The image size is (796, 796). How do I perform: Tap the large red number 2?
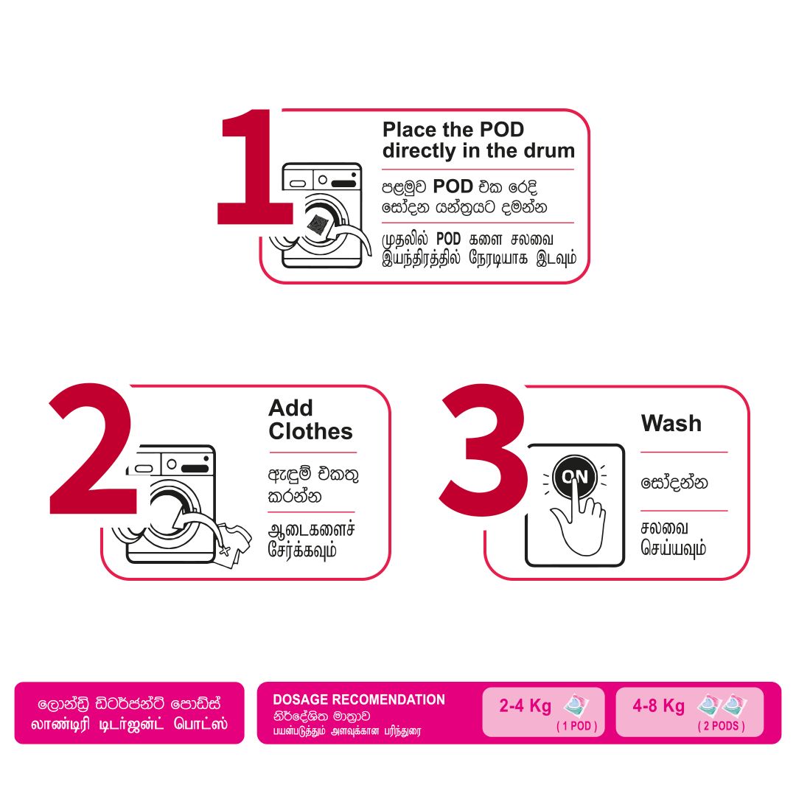(x=93, y=449)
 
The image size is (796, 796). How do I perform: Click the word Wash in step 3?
(x=671, y=423)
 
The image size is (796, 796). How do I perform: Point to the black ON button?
(x=575, y=477)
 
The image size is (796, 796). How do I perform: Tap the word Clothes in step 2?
(x=311, y=431)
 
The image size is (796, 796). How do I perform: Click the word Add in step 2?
(x=291, y=408)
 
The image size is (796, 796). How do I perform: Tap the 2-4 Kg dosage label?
(x=525, y=705)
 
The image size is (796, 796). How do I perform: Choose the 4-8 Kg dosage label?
(x=658, y=705)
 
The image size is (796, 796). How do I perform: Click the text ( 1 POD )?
(x=576, y=726)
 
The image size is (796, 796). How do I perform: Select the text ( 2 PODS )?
(x=721, y=726)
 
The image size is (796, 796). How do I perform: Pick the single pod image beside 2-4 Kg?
(x=576, y=705)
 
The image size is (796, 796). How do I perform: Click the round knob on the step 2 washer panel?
(x=172, y=464)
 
